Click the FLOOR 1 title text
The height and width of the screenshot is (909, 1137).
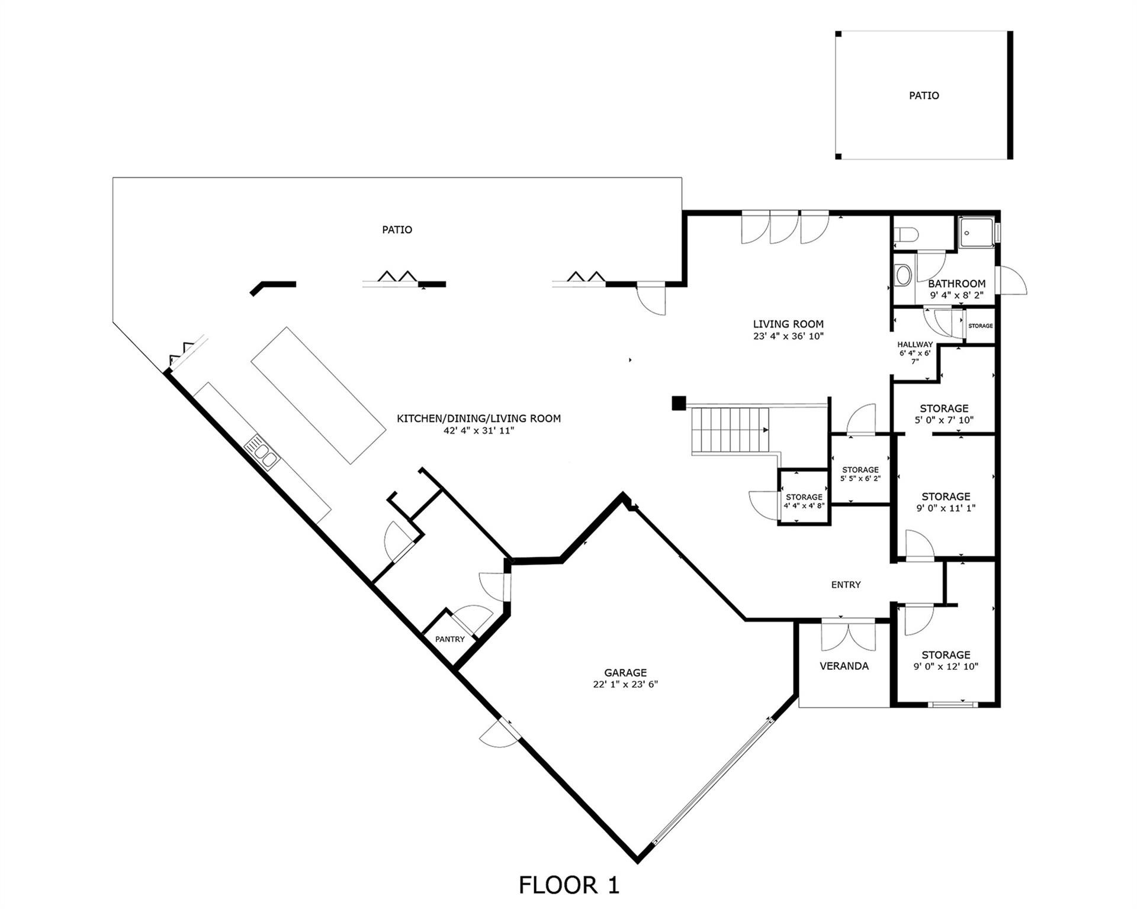pos(568,885)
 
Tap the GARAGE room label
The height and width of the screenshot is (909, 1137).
pos(625,672)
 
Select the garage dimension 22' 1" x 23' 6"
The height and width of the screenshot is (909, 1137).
pos(625,684)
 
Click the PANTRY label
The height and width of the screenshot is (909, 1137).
pos(450,639)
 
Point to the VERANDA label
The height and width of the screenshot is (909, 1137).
pos(844,666)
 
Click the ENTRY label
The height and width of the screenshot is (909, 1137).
pos(846,585)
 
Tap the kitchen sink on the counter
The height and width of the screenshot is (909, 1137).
pos(262,451)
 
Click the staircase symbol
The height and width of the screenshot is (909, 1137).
pos(731,430)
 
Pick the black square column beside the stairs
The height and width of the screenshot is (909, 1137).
pos(679,403)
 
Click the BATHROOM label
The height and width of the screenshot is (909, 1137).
pos(956,283)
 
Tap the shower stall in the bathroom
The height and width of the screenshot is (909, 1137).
pos(975,233)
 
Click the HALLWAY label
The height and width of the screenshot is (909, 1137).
pos(915,344)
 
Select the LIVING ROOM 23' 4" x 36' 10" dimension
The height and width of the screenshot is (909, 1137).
pos(788,336)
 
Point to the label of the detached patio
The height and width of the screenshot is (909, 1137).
pos(924,95)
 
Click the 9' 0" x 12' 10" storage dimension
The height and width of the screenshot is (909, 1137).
pos(946,666)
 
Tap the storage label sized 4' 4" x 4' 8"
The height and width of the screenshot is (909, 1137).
pos(804,497)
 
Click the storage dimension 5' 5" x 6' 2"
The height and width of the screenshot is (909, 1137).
pos(860,478)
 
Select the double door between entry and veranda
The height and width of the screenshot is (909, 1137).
pos(848,634)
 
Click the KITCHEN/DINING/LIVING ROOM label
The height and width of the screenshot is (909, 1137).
pos(478,418)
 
